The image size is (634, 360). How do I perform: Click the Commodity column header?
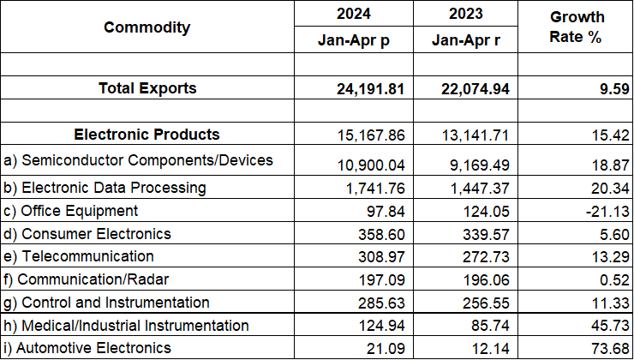(x=147, y=27)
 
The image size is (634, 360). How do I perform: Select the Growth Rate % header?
(x=577, y=28)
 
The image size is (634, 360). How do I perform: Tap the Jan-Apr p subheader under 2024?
(x=354, y=39)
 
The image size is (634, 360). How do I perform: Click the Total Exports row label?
(x=147, y=88)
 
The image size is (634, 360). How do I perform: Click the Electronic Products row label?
(x=147, y=135)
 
